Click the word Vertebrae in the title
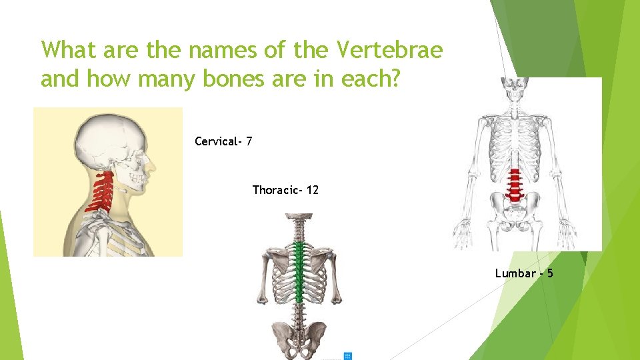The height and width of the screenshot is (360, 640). click(x=391, y=51)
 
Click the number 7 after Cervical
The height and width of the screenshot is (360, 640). click(x=248, y=141)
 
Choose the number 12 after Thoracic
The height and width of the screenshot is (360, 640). click(x=312, y=191)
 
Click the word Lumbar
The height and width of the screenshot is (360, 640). click(x=515, y=273)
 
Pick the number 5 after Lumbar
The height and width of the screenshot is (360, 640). click(x=550, y=273)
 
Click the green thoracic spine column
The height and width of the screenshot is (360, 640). click(x=299, y=273)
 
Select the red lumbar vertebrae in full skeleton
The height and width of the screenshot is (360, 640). click(x=514, y=185)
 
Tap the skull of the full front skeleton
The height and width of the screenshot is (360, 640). click(x=514, y=90)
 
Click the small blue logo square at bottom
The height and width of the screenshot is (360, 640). click(x=347, y=356)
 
